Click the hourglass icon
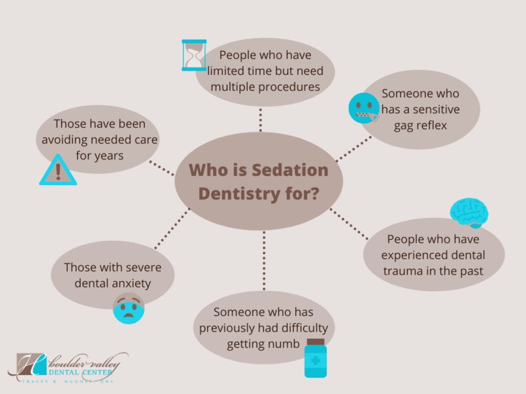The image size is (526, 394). tap(194, 55)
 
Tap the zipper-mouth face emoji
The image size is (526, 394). tap(364, 108)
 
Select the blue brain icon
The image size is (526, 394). tap(469, 213)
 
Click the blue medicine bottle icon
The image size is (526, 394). tap(316, 358)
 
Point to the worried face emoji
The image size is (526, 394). tap(129, 308)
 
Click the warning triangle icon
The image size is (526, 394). tap(58, 170)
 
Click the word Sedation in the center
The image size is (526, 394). tap(290, 170)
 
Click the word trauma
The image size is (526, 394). tap(403, 271)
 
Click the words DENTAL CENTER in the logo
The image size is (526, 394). tap(80, 372)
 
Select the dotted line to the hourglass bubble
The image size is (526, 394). tap(260, 120)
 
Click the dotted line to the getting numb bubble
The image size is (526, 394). tap(264, 261)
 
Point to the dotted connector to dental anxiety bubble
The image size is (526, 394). tap(172, 229)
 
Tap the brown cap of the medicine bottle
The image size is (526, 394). tap(316, 341)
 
